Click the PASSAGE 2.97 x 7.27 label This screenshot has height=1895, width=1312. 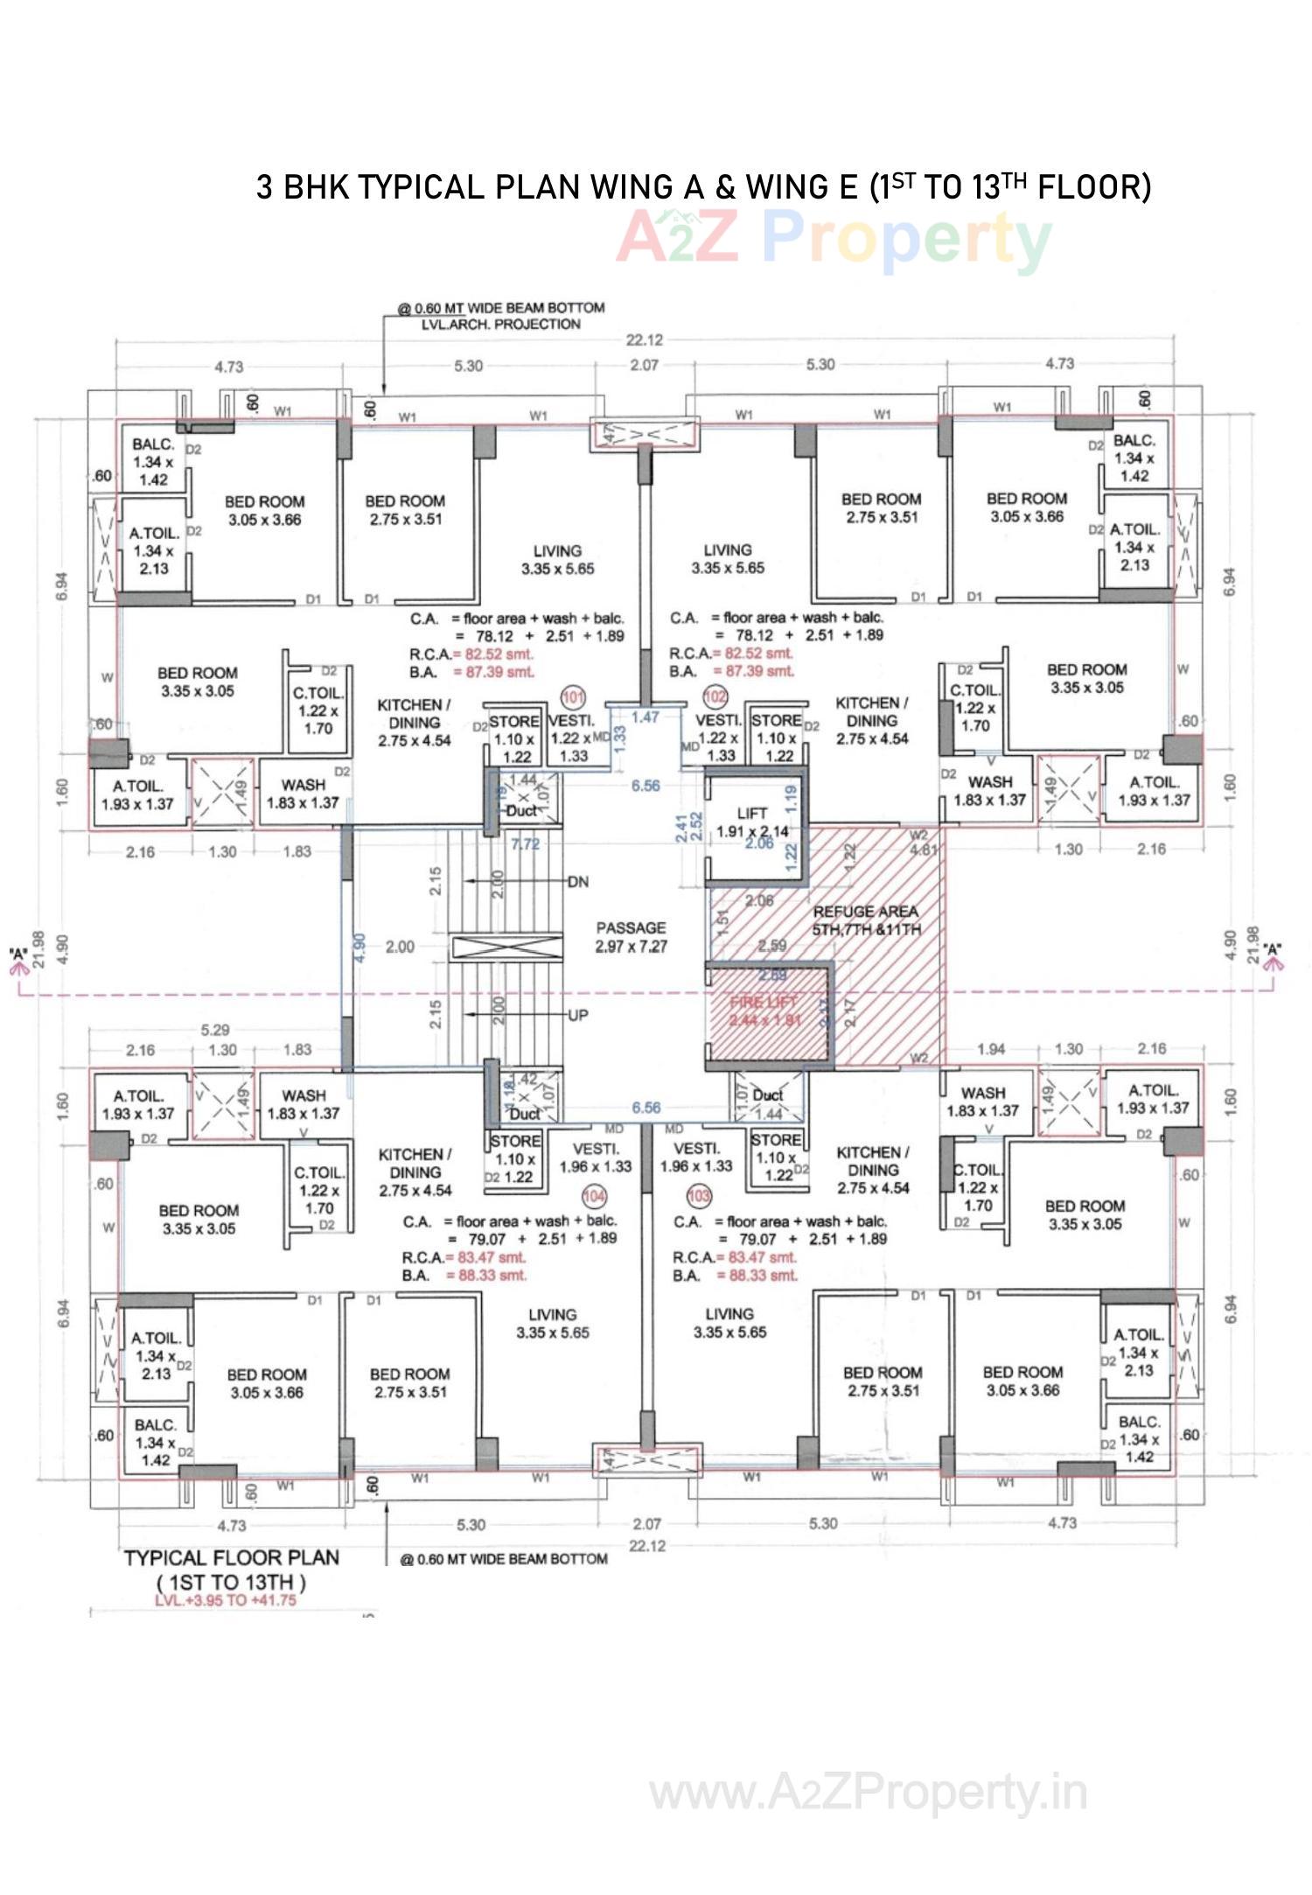pos(631,937)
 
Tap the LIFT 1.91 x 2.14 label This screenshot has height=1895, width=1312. pos(751,822)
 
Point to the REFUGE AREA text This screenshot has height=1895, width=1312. pos(865,912)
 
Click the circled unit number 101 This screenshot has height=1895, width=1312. pos(573,697)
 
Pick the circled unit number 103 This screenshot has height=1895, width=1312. pos(699,1195)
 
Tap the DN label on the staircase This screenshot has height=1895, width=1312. pos(577,882)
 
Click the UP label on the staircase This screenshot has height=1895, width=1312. pos(577,1016)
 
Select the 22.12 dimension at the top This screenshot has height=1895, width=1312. pos(645,340)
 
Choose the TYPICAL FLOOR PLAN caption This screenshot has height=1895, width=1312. pos(231,1558)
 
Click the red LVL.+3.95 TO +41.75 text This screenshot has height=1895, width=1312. pos(226,1600)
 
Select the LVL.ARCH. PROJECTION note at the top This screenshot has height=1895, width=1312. pos(501,325)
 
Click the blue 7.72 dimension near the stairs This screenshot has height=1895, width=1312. pos(525,844)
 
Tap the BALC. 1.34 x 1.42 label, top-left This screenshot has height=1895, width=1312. pos(153,461)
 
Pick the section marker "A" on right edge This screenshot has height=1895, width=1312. pos(1273,949)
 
